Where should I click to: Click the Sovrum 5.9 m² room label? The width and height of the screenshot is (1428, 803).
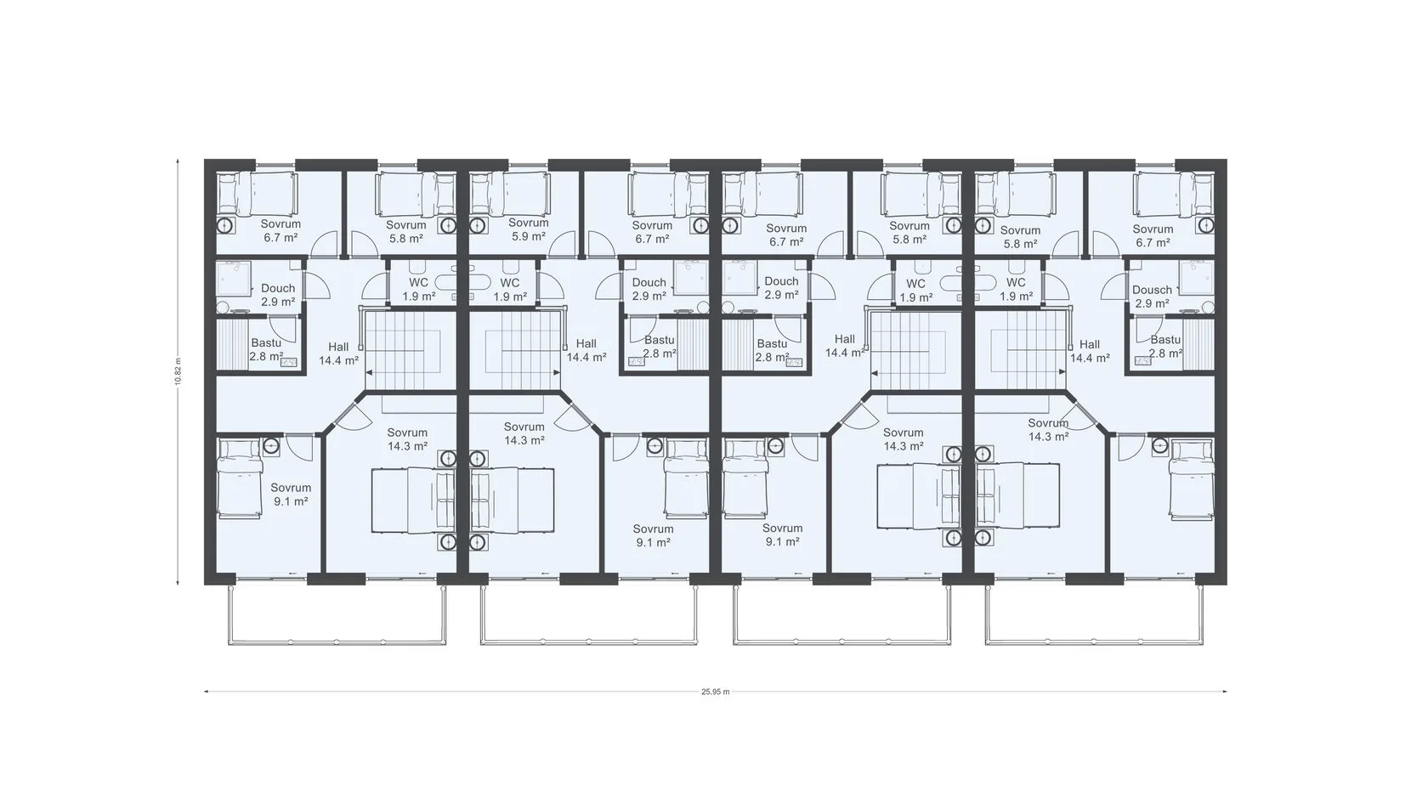coord(528,229)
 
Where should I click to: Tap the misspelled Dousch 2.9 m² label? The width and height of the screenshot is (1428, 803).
coord(1152,297)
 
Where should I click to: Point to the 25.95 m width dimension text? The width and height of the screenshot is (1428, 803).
coord(716,692)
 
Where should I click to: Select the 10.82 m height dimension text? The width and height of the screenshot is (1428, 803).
coord(178,370)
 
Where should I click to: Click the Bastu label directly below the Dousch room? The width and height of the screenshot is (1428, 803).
coord(1165,347)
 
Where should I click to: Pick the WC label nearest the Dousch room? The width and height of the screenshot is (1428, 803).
coord(1017,289)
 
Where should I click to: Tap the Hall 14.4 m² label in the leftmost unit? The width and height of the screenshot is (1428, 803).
coord(338,353)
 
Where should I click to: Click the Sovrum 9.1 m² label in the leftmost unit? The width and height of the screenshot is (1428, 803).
coord(292,495)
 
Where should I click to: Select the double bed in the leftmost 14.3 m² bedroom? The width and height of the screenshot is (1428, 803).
coord(414,500)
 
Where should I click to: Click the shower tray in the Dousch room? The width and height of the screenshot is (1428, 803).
coord(1197,278)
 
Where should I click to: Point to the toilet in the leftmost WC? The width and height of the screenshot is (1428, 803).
coord(418,267)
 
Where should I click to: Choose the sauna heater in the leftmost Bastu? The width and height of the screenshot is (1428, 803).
coord(289,362)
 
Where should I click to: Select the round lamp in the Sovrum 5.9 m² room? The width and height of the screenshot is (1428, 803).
coord(476,226)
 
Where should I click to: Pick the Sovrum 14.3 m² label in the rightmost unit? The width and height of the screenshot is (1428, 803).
coord(1048,430)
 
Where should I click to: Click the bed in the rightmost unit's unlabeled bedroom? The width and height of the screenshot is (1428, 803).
coord(1192,478)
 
